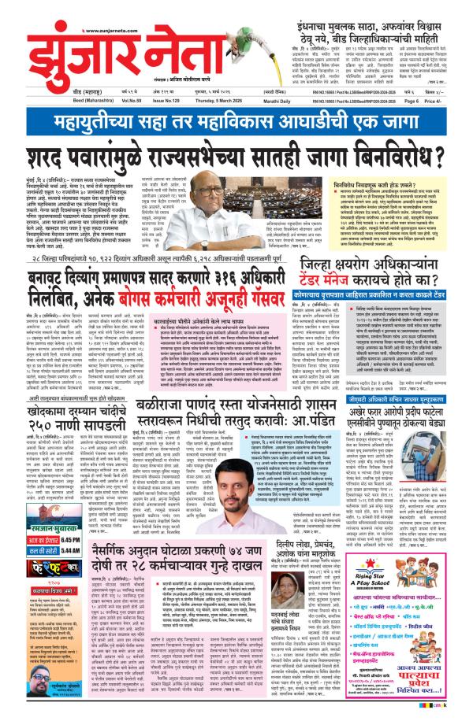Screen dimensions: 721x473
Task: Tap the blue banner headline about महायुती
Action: tap(236, 122)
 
